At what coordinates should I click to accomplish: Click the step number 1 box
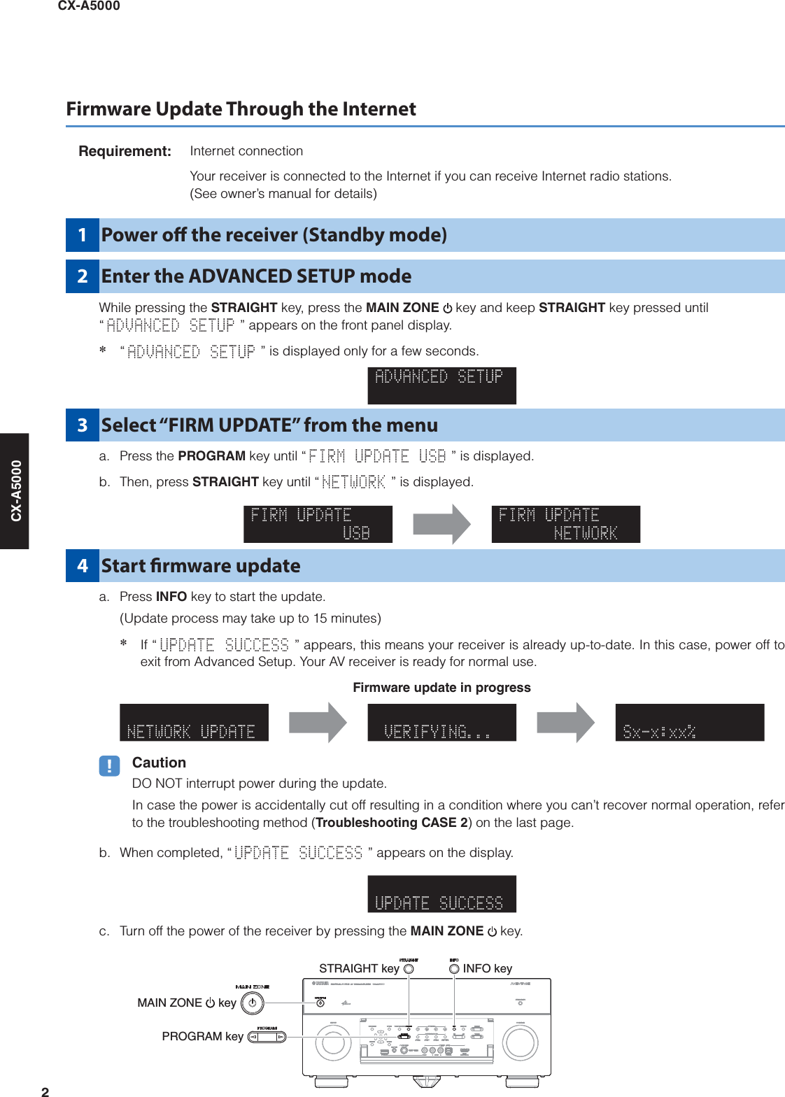click(x=83, y=235)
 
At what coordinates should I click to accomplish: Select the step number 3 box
click(x=83, y=425)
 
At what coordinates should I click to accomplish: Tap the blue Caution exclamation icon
click(x=109, y=766)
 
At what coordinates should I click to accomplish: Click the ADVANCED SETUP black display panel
click(x=441, y=385)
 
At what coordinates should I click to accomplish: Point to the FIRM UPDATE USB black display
click(x=318, y=524)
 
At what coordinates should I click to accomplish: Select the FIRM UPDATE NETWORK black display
click(x=565, y=524)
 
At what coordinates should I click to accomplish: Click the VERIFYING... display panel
click(x=441, y=723)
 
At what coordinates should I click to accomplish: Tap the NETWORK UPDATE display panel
click(x=194, y=723)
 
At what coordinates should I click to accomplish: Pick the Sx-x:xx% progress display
click(x=689, y=723)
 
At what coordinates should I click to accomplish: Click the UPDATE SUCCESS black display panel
click(x=441, y=894)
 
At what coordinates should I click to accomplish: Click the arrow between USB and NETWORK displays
click(x=442, y=524)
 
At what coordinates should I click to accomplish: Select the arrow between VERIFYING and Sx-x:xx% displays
click(x=565, y=723)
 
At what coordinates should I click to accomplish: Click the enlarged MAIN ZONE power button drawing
click(x=252, y=1003)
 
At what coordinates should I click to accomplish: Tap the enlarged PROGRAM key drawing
click(x=267, y=1037)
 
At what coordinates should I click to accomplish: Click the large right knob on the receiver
click(x=520, y=1043)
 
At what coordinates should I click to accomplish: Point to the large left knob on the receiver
click(x=333, y=1043)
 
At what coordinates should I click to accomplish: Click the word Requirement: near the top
click(x=125, y=151)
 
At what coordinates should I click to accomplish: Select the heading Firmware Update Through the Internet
click(x=241, y=109)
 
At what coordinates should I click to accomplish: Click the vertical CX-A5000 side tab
click(x=15, y=490)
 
